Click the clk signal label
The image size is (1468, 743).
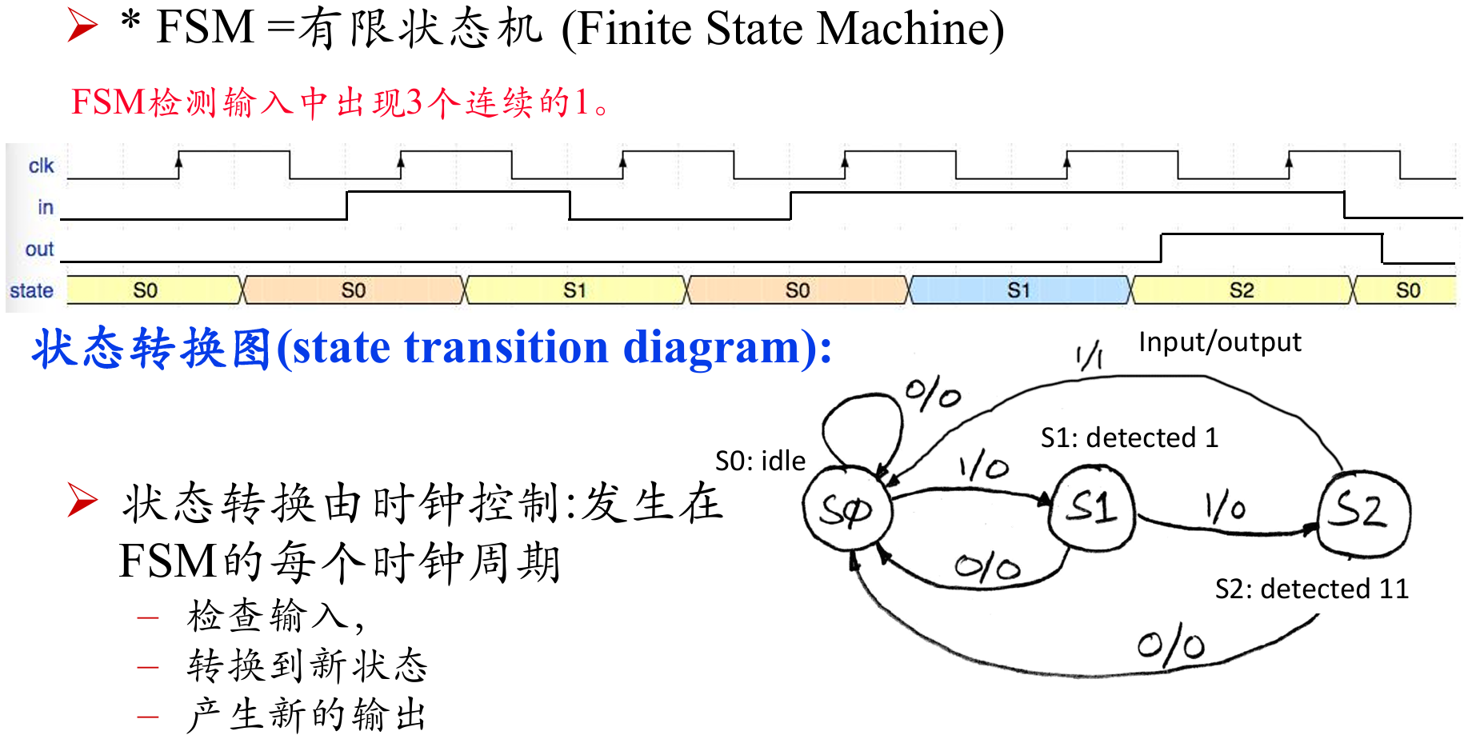pos(41,166)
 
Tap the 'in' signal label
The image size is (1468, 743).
pos(46,207)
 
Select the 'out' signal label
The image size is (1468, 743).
pos(39,249)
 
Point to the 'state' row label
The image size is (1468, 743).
pos(31,290)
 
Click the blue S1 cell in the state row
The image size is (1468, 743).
pos(1019,290)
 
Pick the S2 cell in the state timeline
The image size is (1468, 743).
pos(1242,290)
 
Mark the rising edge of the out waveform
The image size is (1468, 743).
pos(1161,248)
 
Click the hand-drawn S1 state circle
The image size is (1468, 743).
pos(1092,507)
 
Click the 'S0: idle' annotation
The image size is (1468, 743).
pos(760,461)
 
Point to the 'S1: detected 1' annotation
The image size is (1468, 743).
pos(1129,437)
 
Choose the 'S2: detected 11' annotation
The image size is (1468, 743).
pos(1311,589)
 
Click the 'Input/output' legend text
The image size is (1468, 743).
pos(1219,342)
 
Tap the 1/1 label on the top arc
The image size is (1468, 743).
pos(1090,355)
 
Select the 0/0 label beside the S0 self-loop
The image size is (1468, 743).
pos(933,395)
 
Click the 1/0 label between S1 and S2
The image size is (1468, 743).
pos(1225,507)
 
